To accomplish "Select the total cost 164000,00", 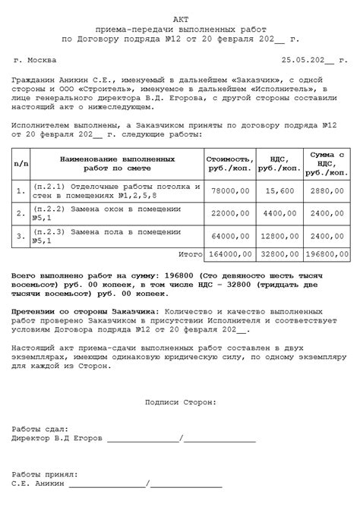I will coord(228,255).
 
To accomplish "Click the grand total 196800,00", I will coord(327,255).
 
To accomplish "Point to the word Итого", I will coord(189,255).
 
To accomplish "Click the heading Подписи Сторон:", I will coord(180,402).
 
